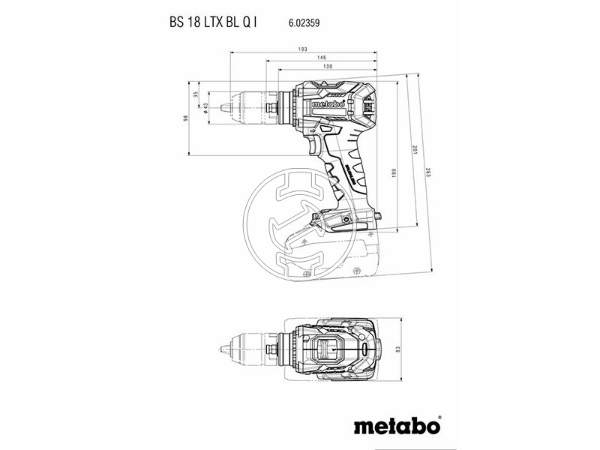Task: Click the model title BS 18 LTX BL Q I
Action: (x=213, y=22)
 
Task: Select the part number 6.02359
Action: (x=304, y=23)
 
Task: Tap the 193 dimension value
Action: (x=303, y=49)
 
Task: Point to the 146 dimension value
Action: (x=322, y=58)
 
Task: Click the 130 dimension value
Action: (x=328, y=66)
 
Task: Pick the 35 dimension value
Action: (x=196, y=94)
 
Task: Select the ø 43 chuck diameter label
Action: (x=205, y=108)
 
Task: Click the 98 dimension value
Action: (x=186, y=118)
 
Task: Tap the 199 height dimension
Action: (x=394, y=173)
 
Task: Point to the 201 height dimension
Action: (x=414, y=149)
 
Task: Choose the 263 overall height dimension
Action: (x=428, y=172)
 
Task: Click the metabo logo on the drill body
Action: (x=328, y=104)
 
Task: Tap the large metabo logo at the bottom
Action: (x=397, y=424)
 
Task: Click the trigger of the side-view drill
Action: (x=316, y=147)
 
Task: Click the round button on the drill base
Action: (x=346, y=219)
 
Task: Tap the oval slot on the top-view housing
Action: (x=364, y=349)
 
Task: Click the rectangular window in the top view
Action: (x=325, y=349)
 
